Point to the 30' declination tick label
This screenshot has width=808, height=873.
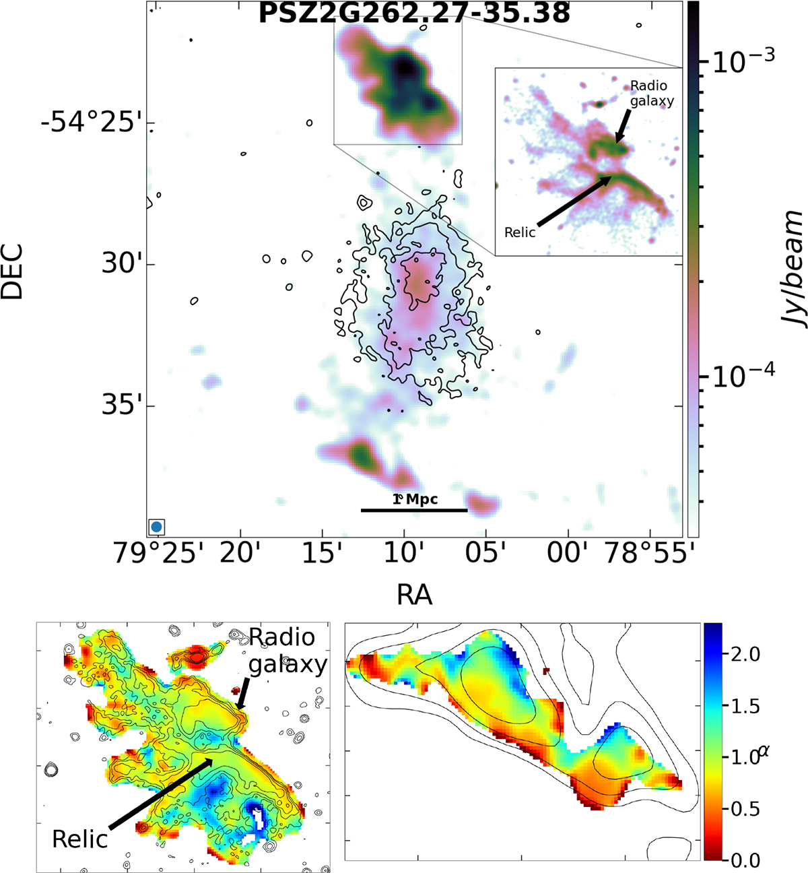[x=118, y=264]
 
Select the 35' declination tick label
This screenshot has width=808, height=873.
[x=118, y=406]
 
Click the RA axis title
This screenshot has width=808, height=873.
[x=414, y=595]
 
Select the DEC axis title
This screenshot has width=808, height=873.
[x=13, y=271]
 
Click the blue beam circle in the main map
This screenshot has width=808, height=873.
[x=157, y=526]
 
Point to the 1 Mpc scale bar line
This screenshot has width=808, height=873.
[x=414, y=510]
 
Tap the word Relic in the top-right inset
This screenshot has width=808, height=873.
[x=520, y=232]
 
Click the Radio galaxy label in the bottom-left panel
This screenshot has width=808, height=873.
[x=286, y=651]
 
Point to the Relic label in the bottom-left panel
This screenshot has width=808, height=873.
[x=80, y=839]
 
